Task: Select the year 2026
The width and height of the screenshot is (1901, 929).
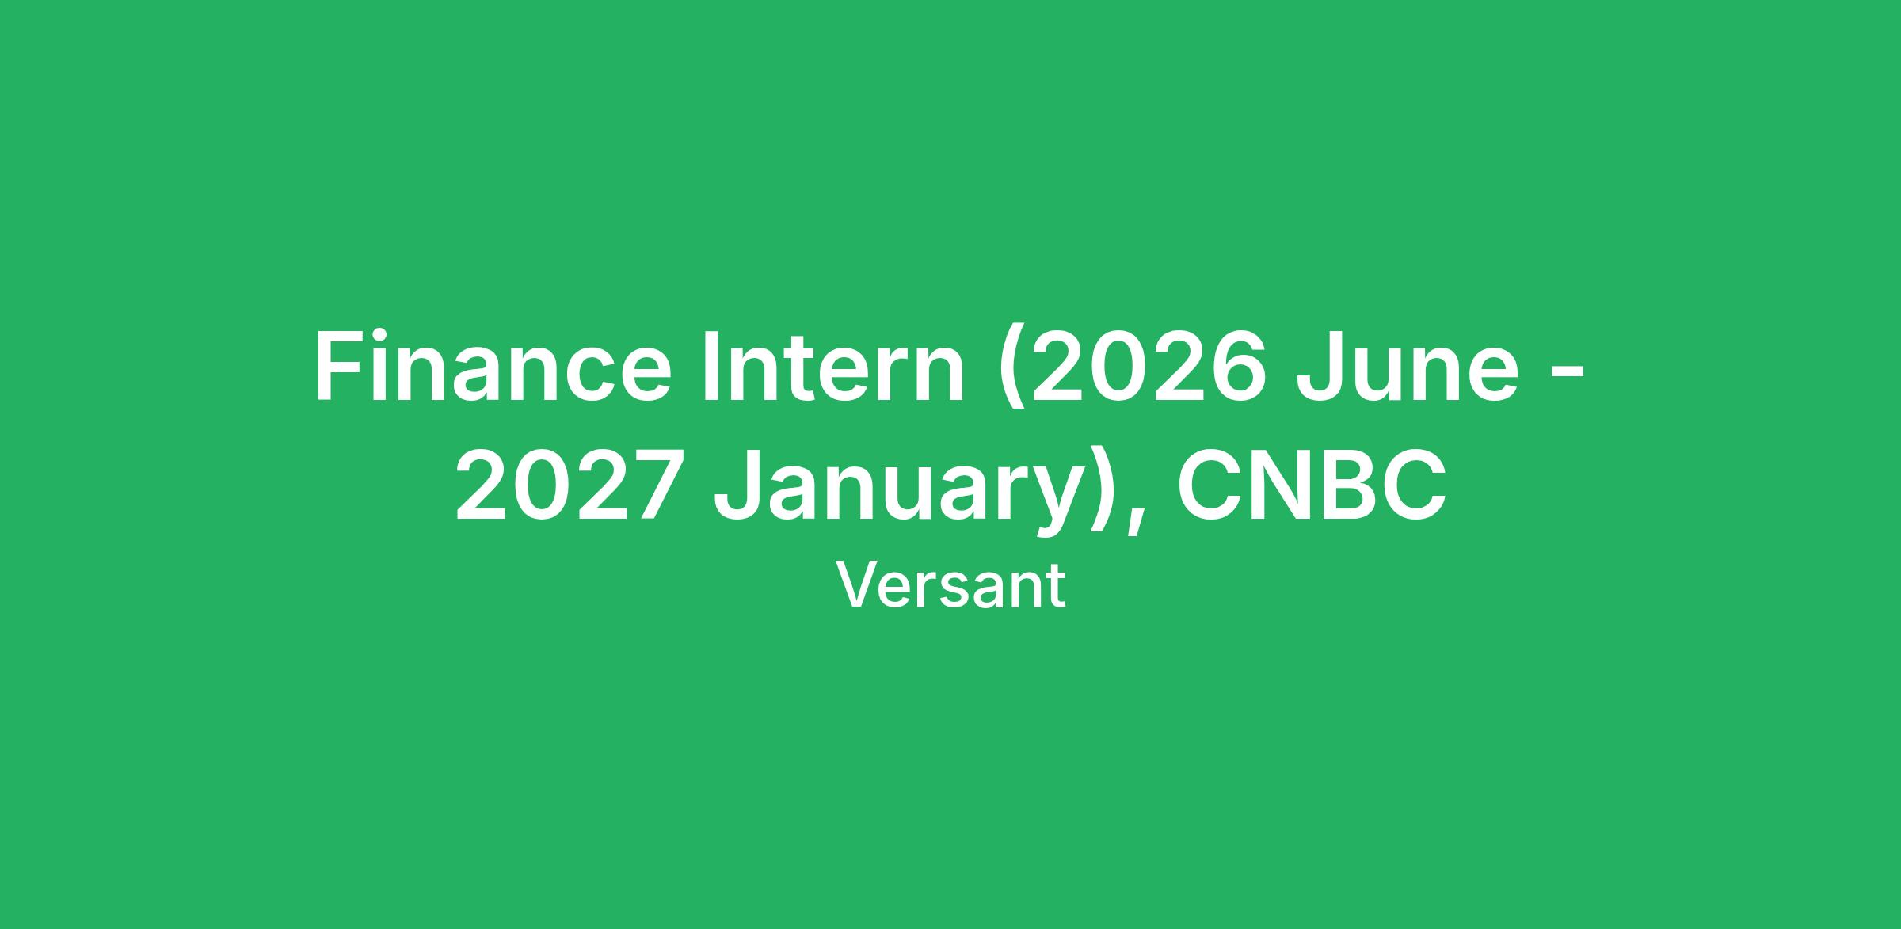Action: [1148, 367]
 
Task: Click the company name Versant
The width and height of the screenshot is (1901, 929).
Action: [950, 586]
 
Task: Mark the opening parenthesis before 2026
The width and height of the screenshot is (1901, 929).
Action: [1011, 373]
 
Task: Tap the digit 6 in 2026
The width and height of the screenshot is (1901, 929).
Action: [1238, 367]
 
